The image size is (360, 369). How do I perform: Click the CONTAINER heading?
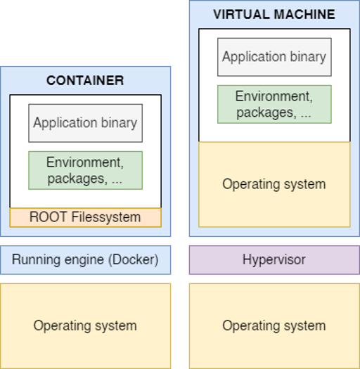tap(85, 81)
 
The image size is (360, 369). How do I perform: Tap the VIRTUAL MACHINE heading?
tap(274, 14)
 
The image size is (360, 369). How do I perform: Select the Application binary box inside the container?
tap(86, 123)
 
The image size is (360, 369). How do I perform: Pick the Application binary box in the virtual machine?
tap(274, 57)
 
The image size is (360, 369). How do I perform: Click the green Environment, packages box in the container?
tap(86, 170)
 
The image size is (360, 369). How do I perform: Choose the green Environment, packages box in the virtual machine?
tap(274, 104)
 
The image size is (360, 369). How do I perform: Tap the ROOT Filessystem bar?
tap(86, 217)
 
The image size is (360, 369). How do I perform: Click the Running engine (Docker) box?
tap(86, 260)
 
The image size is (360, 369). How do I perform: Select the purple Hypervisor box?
tap(274, 260)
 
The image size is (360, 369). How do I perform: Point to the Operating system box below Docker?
tap(86, 326)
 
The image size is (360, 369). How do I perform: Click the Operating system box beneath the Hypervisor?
tap(274, 326)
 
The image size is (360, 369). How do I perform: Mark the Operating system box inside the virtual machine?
tap(274, 184)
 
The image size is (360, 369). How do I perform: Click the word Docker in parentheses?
tap(134, 259)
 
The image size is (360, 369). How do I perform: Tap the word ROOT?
tap(48, 216)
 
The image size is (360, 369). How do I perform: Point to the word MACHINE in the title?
tap(304, 14)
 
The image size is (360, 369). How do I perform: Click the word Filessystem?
tap(106, 217)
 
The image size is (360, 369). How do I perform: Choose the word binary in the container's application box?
tap(119, 123)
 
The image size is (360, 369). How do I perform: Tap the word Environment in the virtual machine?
tap(274, 96)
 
